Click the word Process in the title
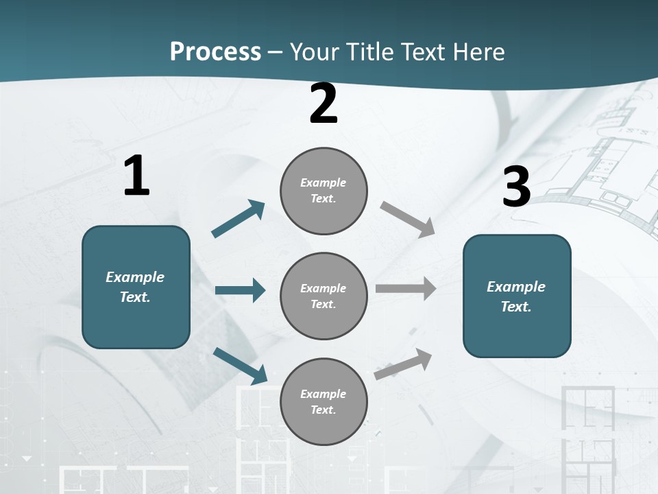coord(215,52)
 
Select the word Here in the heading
coord(477,52)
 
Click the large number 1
coord(136,176)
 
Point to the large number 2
coord(324,104)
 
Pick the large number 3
coord(516,187)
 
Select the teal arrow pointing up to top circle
coord(239,219)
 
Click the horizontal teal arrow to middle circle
coord(240,290)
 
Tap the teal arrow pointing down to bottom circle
coord(240,365)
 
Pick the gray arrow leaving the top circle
coord(408,219)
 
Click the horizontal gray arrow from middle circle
coord(406,288)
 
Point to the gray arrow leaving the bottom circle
coord(404,363)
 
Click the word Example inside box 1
coord(135,277)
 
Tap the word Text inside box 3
coord(515,307)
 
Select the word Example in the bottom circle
coord(323,394)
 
